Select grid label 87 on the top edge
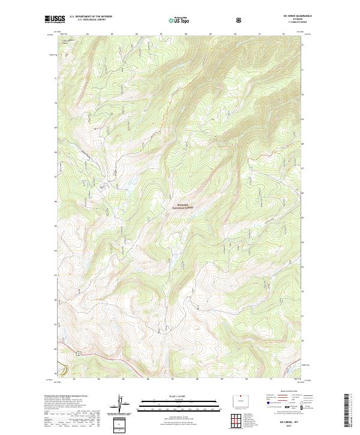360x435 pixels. tap(160, 34)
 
